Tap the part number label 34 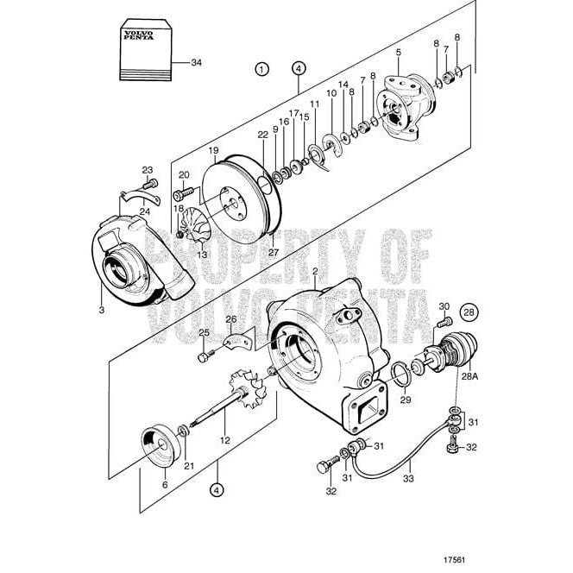pyautogui.click(x=197, y=63)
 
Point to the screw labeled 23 pyautogui.click(x=152, y=184)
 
